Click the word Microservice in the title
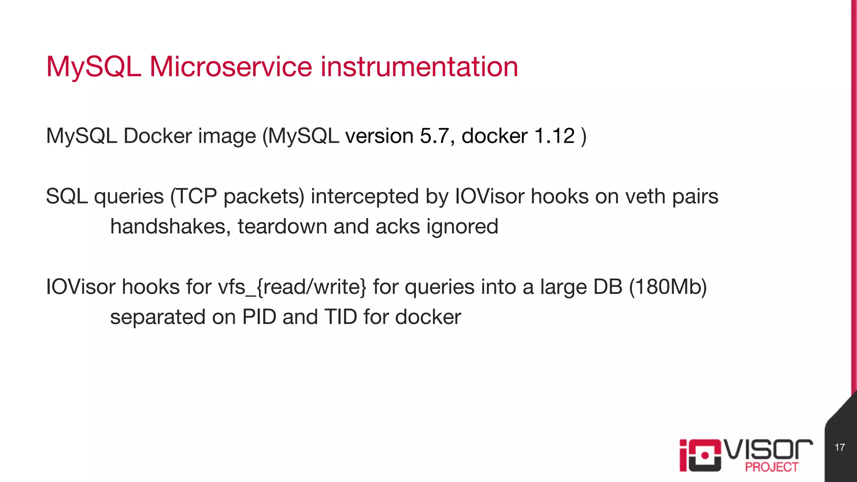[231, 67]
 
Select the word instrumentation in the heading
[419, 67]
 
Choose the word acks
[398, 226]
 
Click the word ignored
[462, 227]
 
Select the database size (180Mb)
[668, 287]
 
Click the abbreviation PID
[259, 317]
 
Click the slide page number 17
[839, 447]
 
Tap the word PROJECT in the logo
[771, 467]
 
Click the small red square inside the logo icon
[705, 455]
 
